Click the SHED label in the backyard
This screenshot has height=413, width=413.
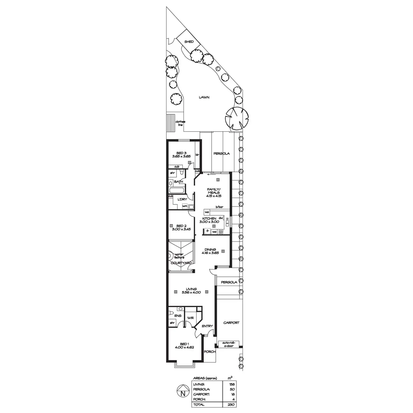click(x=189, y=42)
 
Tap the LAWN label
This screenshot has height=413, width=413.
click(x=204, y=97)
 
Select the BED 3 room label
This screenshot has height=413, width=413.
click(x=181, y=154)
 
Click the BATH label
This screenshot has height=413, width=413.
click(x=178, y=181)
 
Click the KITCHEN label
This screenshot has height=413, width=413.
click(x=209, y=219)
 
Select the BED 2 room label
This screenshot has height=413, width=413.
click(x=181, y=227)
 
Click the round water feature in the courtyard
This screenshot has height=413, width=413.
click(x=170, y=256)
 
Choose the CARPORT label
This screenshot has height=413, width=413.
click(x=231, y=323)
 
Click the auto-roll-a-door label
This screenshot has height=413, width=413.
click(x=228, y=344)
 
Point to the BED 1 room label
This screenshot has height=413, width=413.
click(x=184, y=345)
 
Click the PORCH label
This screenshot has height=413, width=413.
click(x=210, y=352)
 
